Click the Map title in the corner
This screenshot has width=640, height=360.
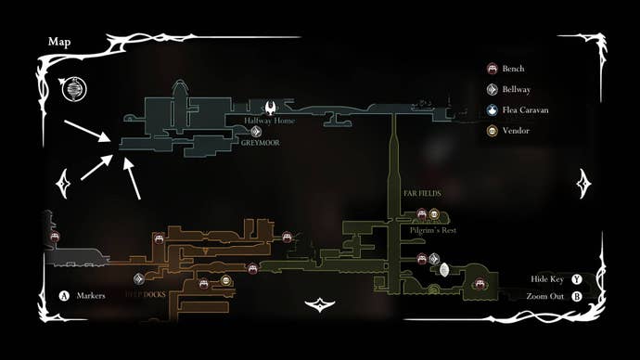60,42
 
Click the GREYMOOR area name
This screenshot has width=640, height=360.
260,144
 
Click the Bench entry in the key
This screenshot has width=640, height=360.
512,68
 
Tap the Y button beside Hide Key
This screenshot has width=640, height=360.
577,278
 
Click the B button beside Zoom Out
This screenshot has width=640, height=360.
577,296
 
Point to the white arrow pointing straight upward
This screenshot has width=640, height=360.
133,178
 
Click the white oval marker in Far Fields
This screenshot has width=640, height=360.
443,270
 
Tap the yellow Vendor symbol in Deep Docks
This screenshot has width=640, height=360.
226,280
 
